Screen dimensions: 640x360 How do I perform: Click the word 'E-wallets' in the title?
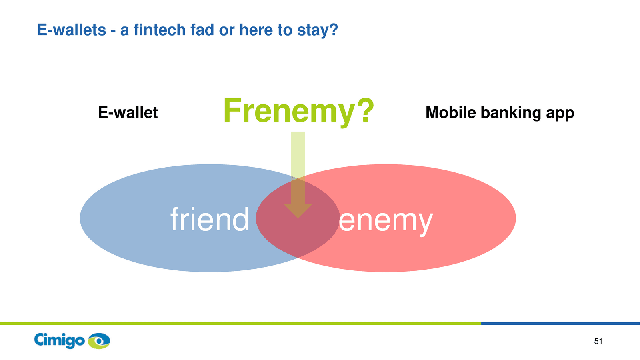pos(72,30)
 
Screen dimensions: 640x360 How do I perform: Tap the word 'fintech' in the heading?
pos(160,30)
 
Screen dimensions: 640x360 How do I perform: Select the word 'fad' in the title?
pos(202,30)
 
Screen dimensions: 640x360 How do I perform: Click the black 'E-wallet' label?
pos(128,112)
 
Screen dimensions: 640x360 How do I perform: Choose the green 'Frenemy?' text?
pos(298,112)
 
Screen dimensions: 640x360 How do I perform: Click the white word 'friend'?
pos(210,219)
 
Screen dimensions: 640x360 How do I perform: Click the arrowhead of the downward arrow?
pos(298,211)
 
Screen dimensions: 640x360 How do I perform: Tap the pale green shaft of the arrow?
pos(298,168)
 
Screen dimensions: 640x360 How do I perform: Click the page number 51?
pos(598,341)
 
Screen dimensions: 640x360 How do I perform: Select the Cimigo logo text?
pos(60,340)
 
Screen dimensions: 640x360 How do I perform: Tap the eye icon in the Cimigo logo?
pos(99,341)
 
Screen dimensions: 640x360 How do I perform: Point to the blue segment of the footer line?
pos(560,324)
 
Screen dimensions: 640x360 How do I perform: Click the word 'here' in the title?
pos(256,30)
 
